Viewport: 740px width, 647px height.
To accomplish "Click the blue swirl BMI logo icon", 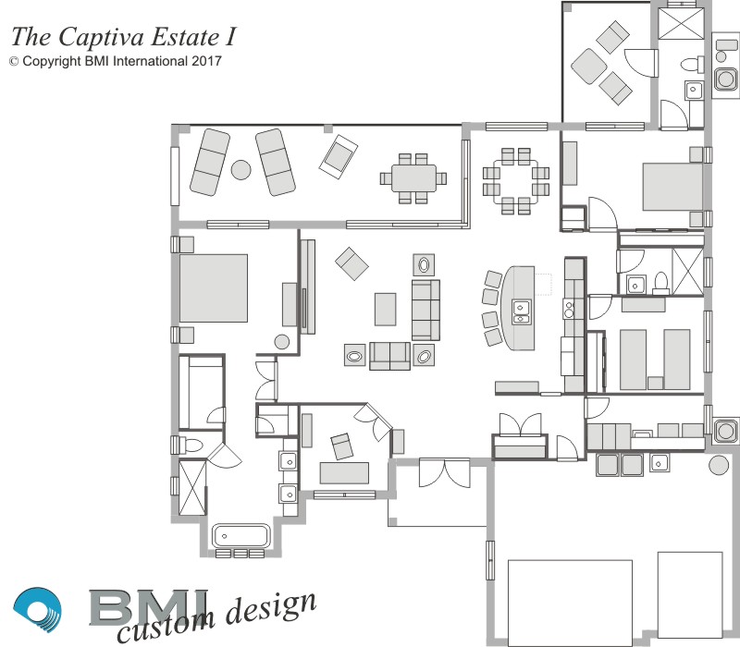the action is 37,609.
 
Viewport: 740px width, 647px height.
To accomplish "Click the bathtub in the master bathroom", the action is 241,536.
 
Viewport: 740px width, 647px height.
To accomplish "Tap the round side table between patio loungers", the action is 240,170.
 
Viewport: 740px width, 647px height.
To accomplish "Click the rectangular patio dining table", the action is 413,177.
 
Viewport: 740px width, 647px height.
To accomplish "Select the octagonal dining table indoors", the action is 516,181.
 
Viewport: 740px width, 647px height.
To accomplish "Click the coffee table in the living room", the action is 385,310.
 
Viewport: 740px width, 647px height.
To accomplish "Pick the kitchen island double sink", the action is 521,311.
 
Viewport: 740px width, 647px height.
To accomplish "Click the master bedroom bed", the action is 214,288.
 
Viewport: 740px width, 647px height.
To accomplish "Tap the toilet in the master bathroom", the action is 191,445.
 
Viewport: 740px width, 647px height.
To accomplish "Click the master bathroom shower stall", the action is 192,488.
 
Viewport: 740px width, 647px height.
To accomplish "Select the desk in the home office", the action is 344,473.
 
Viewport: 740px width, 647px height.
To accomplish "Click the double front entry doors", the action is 445,473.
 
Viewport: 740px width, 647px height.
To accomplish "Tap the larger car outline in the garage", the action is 570,604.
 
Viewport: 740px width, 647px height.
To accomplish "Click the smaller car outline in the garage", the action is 690,595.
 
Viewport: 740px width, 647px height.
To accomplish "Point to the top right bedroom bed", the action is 673,187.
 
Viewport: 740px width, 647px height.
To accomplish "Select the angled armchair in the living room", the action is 351,263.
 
